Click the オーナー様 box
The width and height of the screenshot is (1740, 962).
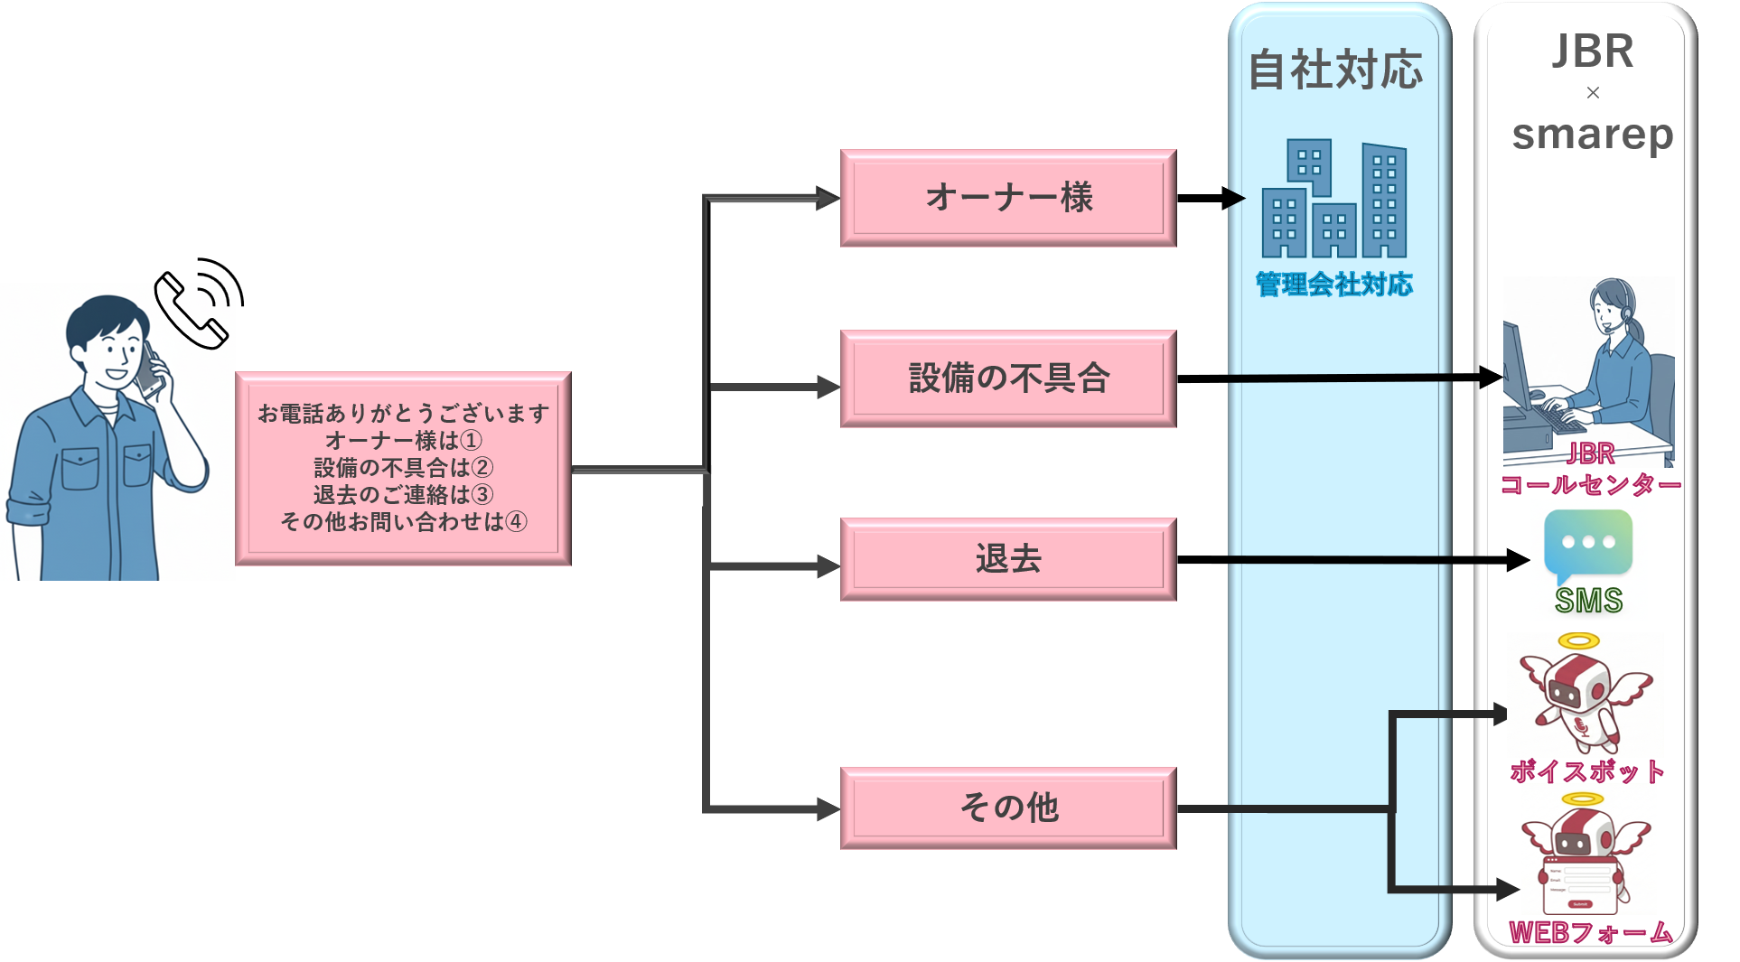point(1008,198)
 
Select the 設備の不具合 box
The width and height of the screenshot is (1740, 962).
point(1008,378)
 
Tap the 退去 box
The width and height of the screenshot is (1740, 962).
point(1008,559)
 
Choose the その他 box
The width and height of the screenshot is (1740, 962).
point(1008,808)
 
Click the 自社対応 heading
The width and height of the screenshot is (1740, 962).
point(1335,70)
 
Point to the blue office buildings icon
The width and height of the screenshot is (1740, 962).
point(1334,200)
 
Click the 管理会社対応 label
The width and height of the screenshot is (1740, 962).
point(1334,285)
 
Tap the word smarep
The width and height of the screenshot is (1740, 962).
point(1592,135)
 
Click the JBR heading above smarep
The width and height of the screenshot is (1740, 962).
point(1592,51)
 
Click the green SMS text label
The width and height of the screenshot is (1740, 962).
point(1588,601)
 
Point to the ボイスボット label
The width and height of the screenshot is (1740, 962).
point(1587,771)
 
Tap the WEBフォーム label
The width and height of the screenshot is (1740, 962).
point(1590,932)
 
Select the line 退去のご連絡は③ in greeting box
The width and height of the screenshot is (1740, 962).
point(403,495)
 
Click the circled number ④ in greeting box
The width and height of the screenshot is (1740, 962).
point(516,522)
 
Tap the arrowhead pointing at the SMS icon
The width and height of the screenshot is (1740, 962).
point(1518,560)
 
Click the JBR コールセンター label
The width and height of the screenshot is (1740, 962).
point(1590,470)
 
